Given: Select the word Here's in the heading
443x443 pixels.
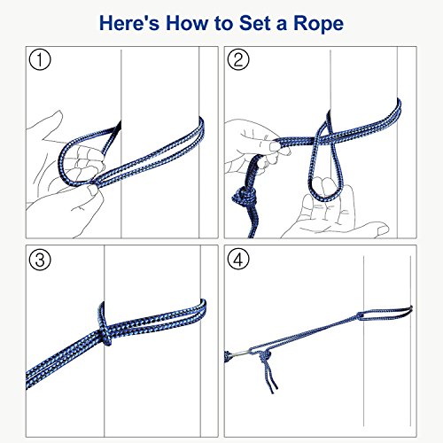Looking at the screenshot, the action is tap(129, 23).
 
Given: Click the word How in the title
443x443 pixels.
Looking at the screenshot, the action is tap(187, 23).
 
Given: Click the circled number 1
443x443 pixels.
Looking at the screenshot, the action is tap(40, 59).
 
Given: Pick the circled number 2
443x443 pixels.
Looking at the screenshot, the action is tap(238, 59).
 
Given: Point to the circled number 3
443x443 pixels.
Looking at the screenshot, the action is tap(40, 260).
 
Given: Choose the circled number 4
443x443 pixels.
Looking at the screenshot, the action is tap(238, 260).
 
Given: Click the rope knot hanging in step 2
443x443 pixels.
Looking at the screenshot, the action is tap(245, 198).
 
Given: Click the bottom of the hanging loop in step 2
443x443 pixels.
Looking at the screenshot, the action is tap(325, 198).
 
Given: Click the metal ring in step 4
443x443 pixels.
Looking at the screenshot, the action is tap(240, 354).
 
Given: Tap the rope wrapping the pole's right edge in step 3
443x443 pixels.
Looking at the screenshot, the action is tap(203, 308).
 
